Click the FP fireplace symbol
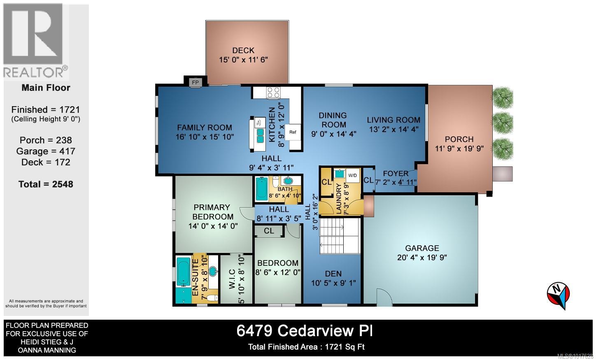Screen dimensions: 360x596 click(x=195, y=83)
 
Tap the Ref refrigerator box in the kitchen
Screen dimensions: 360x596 click(x=293, y=132)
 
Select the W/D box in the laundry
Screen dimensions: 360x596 click(x=353, y=175)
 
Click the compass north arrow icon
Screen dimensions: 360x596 click(x=558, y=294)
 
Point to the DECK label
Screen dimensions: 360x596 click(x=243, y=50)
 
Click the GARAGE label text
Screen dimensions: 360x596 click(x=422, y=248)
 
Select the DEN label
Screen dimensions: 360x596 click(x=333, y=274)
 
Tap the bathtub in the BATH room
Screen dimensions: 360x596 click(x=261, y=188)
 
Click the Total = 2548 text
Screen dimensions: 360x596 click(x=46, y=184)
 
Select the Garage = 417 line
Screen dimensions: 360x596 click(x=46, y=151)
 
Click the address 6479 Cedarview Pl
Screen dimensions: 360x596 click(x=305, y=331)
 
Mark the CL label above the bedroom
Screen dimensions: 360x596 click(x=269, y=231)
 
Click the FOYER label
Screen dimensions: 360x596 click(x=396, y=173)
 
